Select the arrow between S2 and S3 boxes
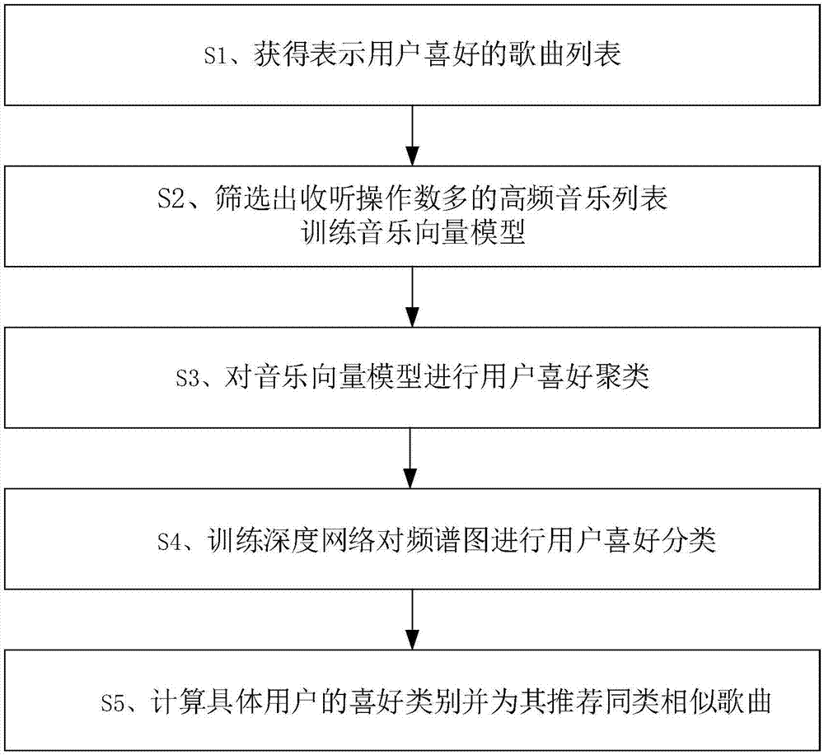pos(413,296)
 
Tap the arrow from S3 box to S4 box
pos(413,458)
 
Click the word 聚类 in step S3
pos(626,379)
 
